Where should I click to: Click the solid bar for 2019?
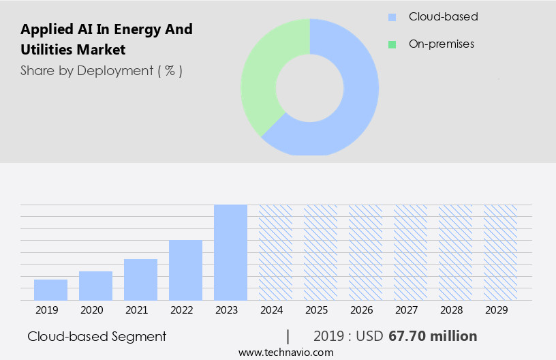(x=50, y=290)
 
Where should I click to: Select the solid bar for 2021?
(x=140, y=280)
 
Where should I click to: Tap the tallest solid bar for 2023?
(x=230, y=252)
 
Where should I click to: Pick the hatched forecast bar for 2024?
(x=275, y=252)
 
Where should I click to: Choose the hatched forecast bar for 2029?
(x=500, y=252)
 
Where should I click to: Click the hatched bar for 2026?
(x=365, y=252)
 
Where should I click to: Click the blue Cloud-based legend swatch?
(x=392, y=17)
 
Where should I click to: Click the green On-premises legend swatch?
(x=392, y=44)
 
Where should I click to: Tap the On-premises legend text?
(x=441, y=44)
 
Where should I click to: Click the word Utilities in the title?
(x=48, y=50)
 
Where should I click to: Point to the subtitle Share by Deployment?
(x=101, y=70)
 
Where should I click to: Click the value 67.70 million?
(x=433, y=336)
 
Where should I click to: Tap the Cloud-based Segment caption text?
(x=97, y=336)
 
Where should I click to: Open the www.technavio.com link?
(x=286, y=352)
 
